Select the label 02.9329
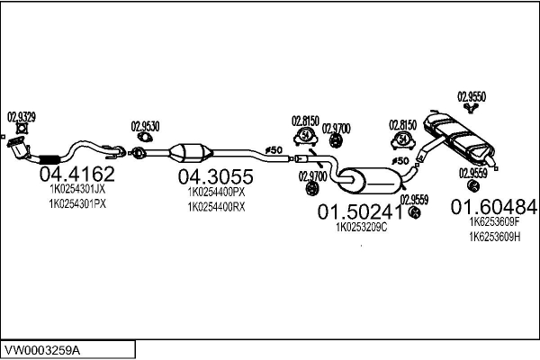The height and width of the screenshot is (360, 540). pos(22,116)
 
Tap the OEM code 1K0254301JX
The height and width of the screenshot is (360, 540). pos(76,190)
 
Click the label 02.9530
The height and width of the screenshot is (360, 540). pos(145,126)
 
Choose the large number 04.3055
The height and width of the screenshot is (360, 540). pos(215,176)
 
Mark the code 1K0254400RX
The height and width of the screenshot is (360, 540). pos(215,206)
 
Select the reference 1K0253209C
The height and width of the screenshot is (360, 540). pos(361,229)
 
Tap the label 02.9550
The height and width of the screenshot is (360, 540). pos(472,95)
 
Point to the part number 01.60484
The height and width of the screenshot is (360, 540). pos(494,206)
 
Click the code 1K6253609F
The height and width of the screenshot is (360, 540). pos(494,222)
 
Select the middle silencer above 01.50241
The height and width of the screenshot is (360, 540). pos(366,176)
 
